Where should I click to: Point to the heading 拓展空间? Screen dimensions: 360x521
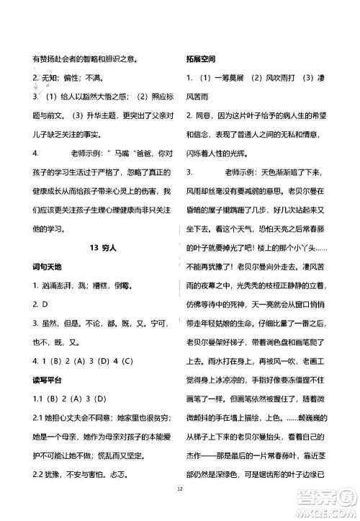coord(201,58)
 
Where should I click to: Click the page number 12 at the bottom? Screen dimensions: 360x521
coord(180,507)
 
